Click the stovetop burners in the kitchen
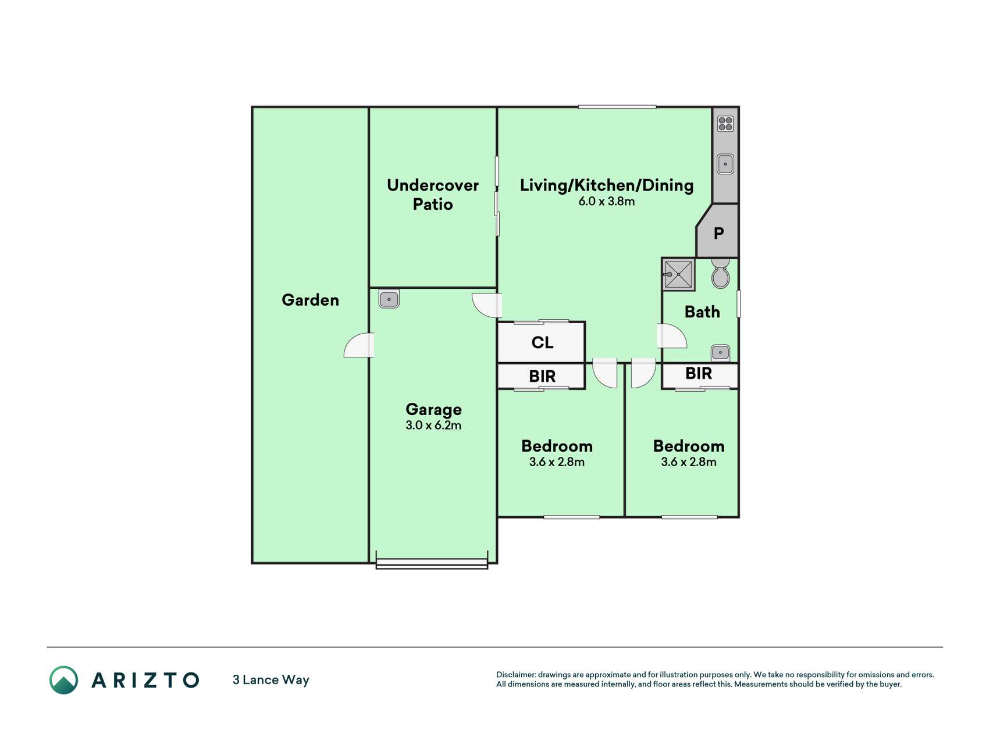725,124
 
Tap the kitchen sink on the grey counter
725,164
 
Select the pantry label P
719,234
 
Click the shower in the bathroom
678,274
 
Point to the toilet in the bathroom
720,274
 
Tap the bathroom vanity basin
720,352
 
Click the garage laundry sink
389,299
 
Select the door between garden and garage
359,345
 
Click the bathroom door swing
672,336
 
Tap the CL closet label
542,343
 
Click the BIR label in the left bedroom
542,377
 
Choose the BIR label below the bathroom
699,374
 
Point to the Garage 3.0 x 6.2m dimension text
433,425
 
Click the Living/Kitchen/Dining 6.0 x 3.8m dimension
606,202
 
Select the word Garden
310,300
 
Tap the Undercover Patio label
433,195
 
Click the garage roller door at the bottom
432,563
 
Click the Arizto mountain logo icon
63,680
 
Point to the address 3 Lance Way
271,680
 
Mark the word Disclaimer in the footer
516,675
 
